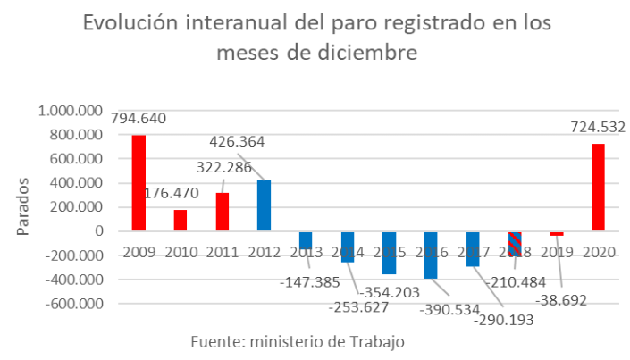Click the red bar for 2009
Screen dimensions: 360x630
(x=139, y=183)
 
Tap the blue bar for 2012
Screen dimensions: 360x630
(x=264, y=205)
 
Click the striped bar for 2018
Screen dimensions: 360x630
(x=515, y=244)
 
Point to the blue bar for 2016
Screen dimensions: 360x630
(x=431, y=255)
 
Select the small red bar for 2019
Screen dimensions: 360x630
(x=557, y=234)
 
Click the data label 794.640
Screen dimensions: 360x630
(x=139, y=118)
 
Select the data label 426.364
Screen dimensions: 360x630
(x=237, y=141)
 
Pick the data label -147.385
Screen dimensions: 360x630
(x=311, y=282)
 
